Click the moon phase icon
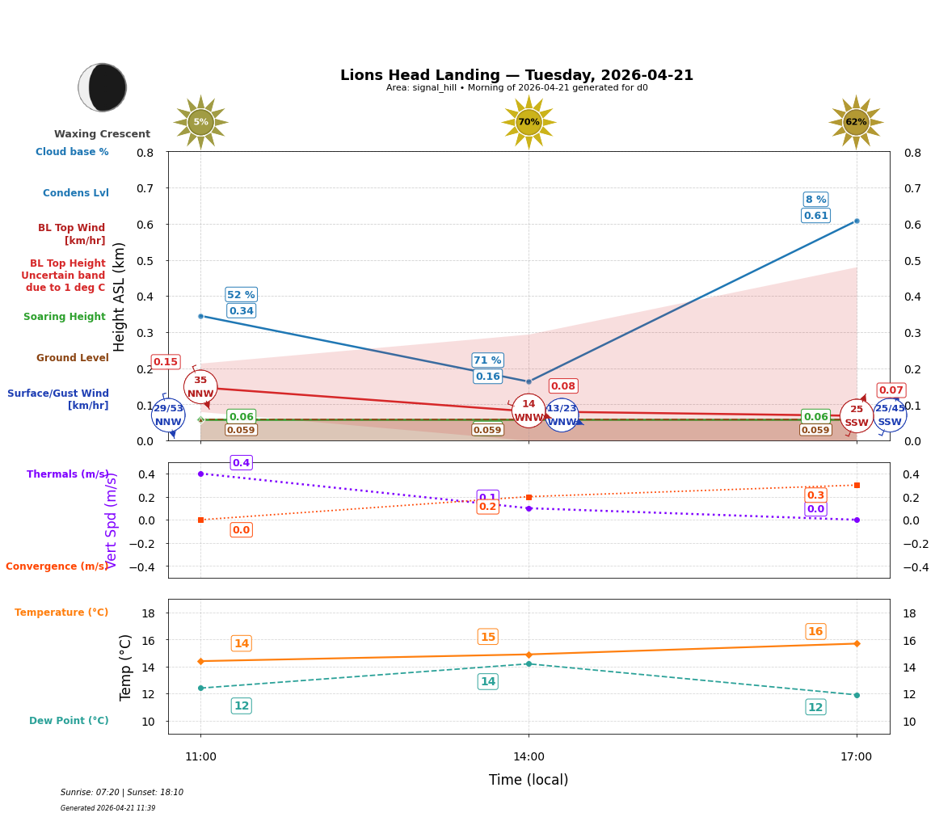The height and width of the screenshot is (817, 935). click(103, 87)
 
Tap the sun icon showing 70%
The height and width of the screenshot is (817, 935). click(529, 122)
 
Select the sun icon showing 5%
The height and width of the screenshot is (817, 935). click(200, 122)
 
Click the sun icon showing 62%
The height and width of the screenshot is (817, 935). click(856, 122)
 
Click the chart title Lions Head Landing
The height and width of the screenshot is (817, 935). click(516, 75)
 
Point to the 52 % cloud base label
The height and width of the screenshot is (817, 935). click(241, 295)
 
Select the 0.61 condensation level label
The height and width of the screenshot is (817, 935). click(815, 215)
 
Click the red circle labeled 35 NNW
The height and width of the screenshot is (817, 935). click(200, 387)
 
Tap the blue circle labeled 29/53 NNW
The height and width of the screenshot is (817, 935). click(168, 415)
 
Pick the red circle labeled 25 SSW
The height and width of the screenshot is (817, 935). click(856, 416)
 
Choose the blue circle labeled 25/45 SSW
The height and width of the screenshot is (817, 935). click(890, 415)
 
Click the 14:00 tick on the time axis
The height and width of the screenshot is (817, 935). click(529, 756)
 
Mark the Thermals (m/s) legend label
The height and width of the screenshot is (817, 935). click(68, 474)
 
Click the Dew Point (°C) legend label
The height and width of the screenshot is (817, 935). click(69, 721)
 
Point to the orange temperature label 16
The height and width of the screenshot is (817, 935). click(815, 631)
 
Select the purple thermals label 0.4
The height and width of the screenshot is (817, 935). click(241, 463)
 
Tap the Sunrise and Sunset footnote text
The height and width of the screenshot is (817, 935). click(122, 793)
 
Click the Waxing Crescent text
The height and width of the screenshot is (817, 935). click(102, 134)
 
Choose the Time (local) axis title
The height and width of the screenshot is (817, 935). click(529, 780)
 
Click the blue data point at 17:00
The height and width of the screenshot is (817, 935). click(857, 221)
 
